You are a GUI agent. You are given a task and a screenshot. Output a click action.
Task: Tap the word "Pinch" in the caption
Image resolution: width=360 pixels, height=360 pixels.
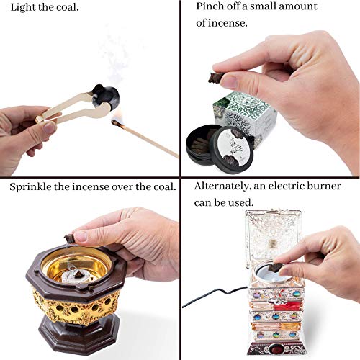pos(210,6)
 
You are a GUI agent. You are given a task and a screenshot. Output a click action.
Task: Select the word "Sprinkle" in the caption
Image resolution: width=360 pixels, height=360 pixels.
pos(33,186)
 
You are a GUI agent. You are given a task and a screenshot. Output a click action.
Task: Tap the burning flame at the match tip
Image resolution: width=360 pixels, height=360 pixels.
pos(115,122)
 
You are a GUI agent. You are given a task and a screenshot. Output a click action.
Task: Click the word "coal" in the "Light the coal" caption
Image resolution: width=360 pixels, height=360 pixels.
pos(67,8)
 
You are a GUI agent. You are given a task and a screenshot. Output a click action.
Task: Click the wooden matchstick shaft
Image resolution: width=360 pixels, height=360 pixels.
pos(148,140)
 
